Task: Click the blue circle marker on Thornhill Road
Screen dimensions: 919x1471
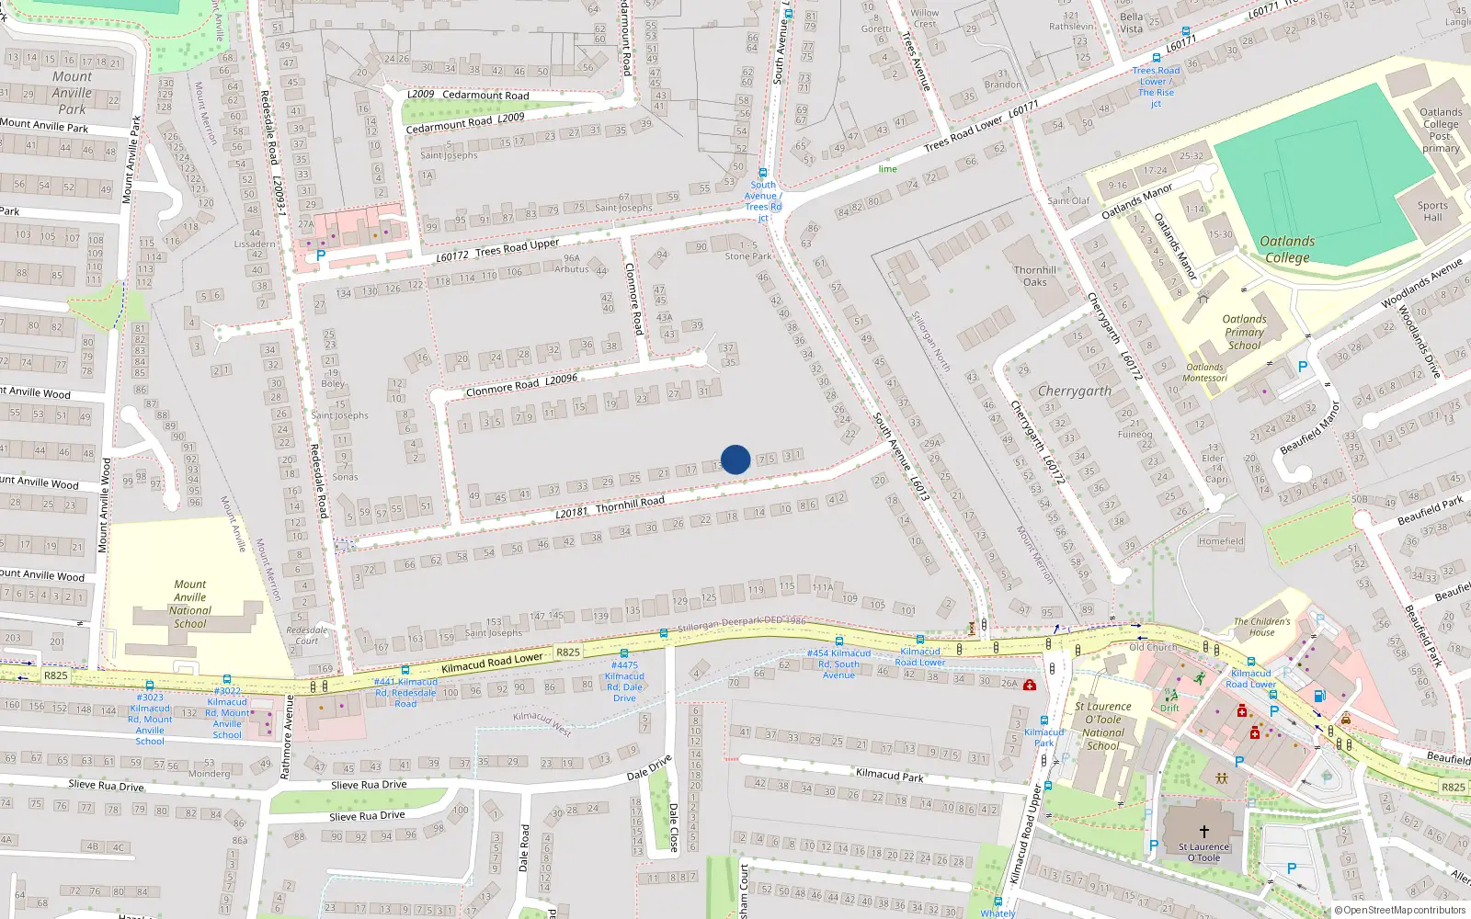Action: pos(735,459)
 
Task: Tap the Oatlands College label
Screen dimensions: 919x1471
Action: pos(1287,249)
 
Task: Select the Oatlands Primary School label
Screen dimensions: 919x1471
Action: pos(1244,333)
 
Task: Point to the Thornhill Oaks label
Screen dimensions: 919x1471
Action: pos(1035,276)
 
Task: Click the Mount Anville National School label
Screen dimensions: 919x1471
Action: pos(190,604)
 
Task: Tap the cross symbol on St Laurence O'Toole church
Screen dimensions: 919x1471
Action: pos(1203,831)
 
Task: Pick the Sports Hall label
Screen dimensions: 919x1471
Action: pos(1432,211)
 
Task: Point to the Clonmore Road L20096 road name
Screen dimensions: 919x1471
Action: pos(521,385)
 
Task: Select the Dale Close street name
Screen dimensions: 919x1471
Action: pos(673,827)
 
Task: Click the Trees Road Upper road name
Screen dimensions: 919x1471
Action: pos(517,248)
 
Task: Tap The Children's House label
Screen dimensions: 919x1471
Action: pos(1261,627)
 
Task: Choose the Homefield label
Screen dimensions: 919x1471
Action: pos(1221,541)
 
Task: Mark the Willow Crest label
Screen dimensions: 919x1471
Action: pos(925,18)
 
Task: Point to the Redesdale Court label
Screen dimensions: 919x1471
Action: pos(307,635)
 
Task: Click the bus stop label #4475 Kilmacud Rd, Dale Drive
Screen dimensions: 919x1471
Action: pos(624,681)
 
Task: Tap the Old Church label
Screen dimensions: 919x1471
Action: pos(1153,647)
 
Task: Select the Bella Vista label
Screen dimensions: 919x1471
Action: pos(1132,23)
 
